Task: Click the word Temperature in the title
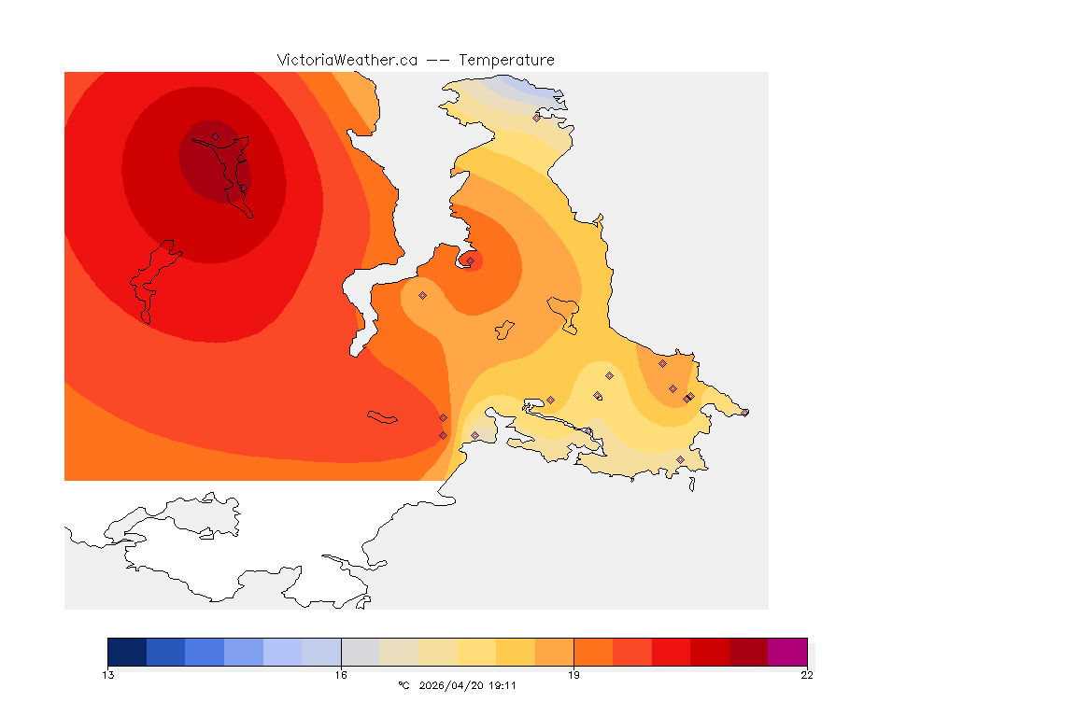(506, 60)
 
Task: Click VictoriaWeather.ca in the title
(347, 60)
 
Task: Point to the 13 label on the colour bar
(108, 675)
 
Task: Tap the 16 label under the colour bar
(341, 675)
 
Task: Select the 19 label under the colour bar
(573, 675)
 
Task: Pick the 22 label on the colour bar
(806, 675)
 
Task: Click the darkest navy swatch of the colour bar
(127, 652)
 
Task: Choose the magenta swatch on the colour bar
(786, 652)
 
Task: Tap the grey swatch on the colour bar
(360, 652)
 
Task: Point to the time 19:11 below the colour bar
(503, 685)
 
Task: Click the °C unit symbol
(403, 685)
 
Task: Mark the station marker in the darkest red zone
(215, 137)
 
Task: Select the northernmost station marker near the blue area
(536, 118)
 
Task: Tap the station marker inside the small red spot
(470, 260)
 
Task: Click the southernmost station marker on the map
(680, 459)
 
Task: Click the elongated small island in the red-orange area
(383, 417)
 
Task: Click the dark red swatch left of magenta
(748, 652)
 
